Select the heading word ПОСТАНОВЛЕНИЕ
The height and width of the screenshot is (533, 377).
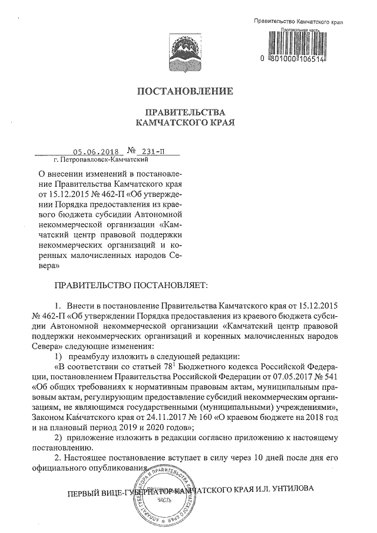click(x=185, y=91)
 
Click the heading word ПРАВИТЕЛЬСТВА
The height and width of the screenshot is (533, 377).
click(x=185, y=112)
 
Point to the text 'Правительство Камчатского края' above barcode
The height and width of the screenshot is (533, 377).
click(x=297, y=21)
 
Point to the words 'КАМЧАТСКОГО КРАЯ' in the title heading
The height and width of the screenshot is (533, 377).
click(x=185, y=124)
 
